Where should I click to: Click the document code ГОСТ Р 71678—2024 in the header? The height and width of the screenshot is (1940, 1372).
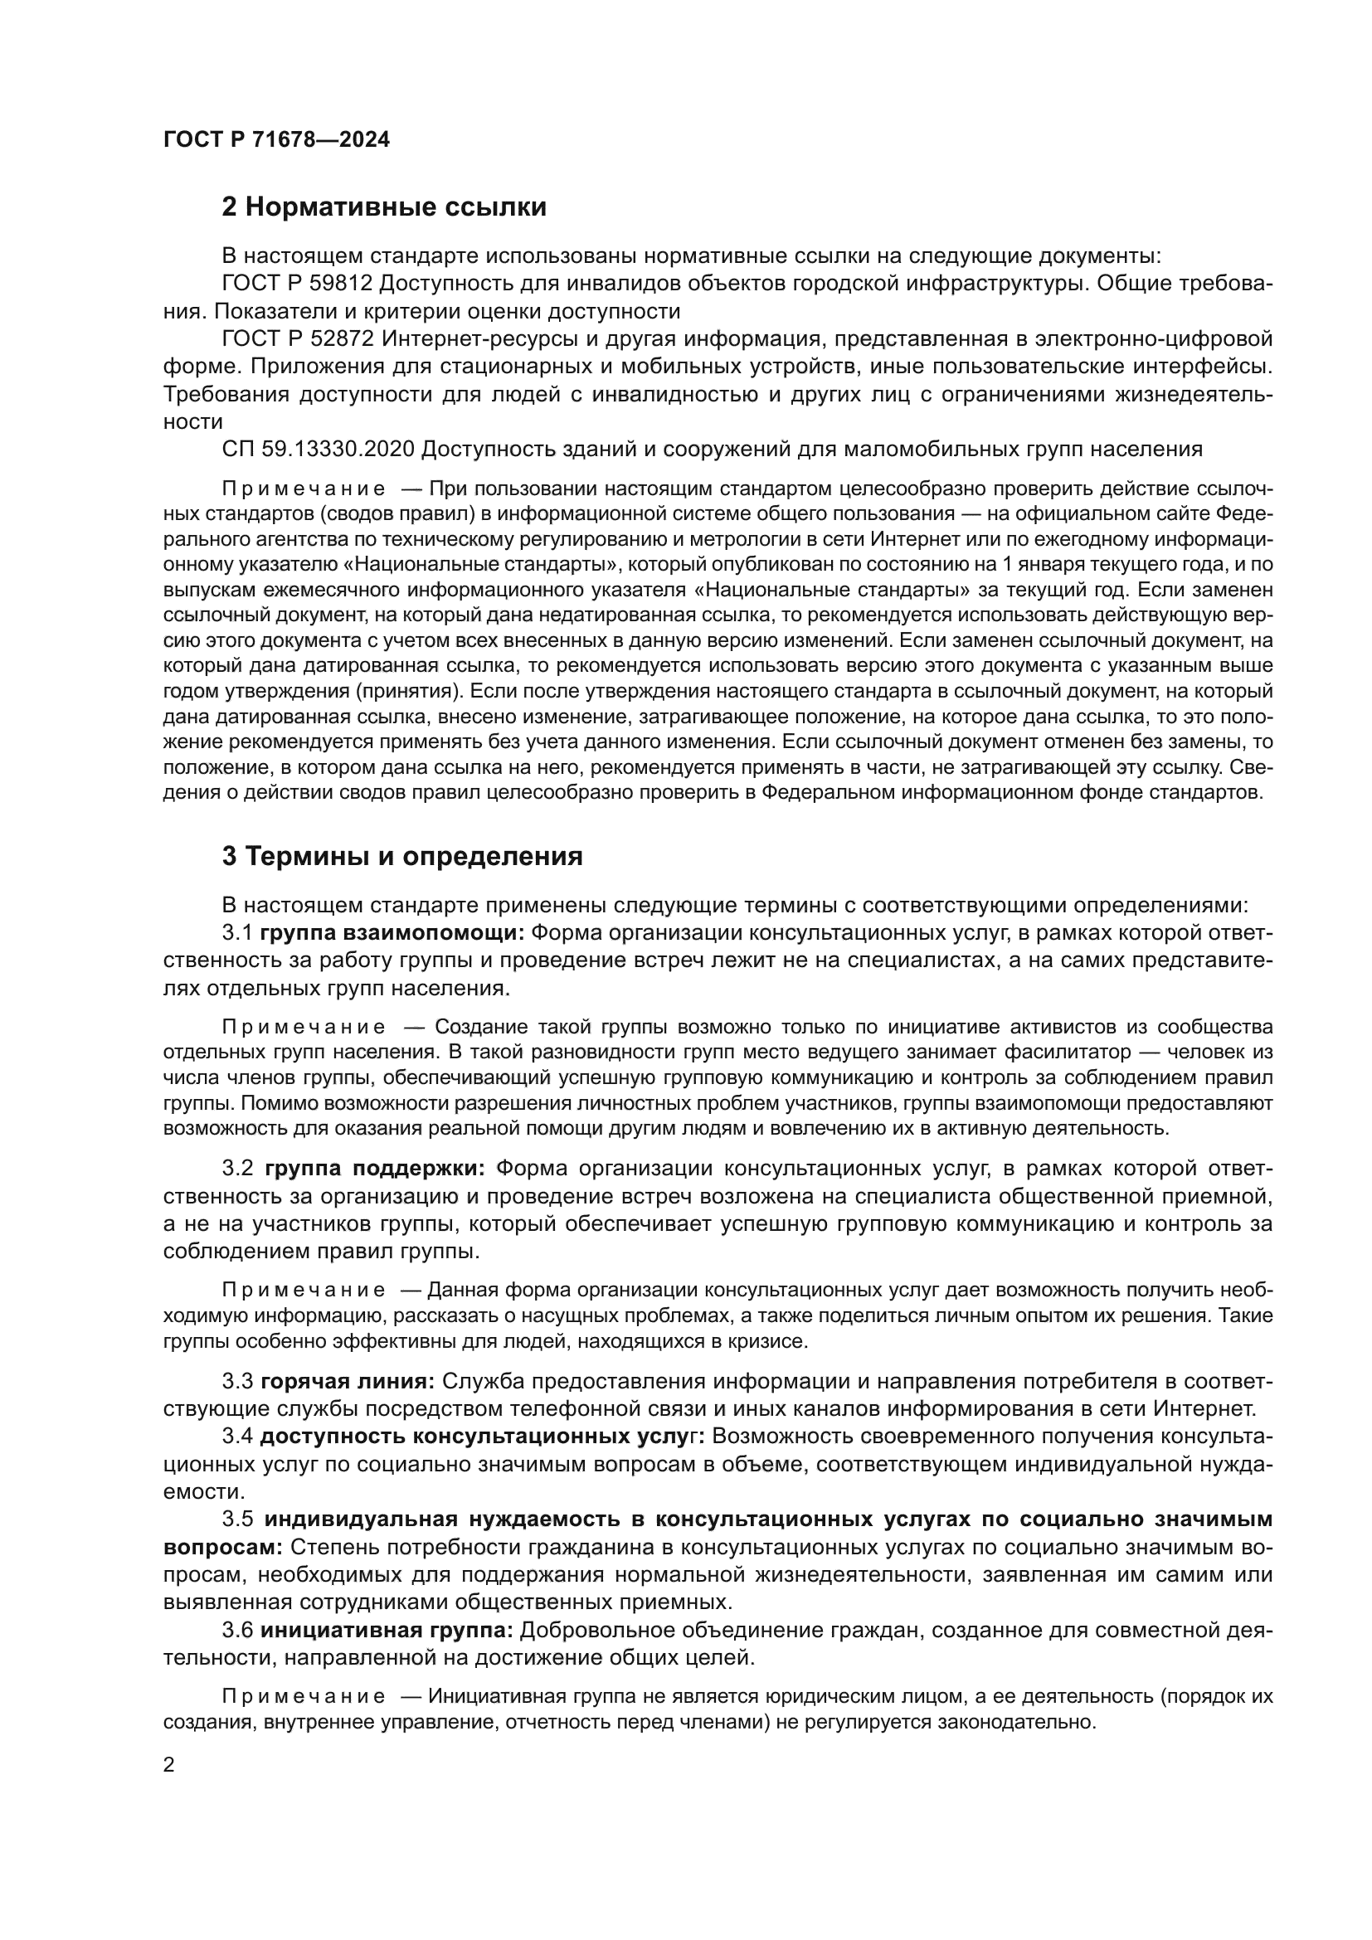coord(276,140)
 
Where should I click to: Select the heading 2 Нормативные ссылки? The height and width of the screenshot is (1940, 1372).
coord(383,207)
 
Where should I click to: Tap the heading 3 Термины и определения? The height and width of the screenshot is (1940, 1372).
coord(402,857)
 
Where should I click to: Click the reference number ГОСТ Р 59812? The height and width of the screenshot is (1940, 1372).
coord(296,284)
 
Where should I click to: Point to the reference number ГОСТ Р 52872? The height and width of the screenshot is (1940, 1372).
coord(296,340)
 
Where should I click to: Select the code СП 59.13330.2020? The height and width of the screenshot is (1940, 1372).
coord(318,450)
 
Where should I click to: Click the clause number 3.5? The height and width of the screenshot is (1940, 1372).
coord(237,1519)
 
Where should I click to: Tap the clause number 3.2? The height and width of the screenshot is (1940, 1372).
coord(237,1169)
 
